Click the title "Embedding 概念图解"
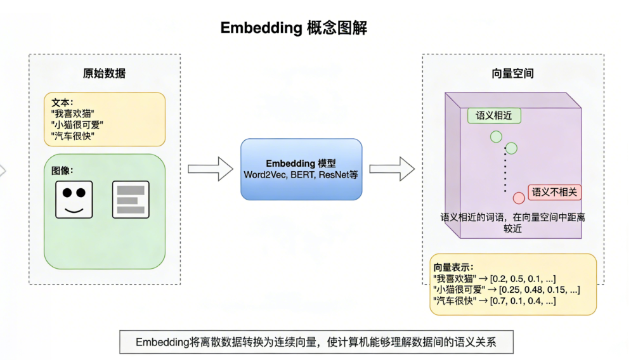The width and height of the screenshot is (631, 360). pyautogui.click(x=294, y=28)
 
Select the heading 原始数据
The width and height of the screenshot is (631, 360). pyautogui.click(x=104, y=73)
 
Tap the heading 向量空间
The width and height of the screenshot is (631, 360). pyautogui.click(x=512, y=73)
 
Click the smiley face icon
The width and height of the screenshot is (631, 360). pyautogui.click(x=74, y=199)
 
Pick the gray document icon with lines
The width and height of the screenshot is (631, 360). pyautogui.click(x=131, y=199)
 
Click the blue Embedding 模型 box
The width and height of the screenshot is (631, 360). pyautogui.click(x=301, y=169)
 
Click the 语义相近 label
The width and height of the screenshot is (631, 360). pyautogui.click(x=494, y=115)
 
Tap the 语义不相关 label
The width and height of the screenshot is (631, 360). pyautogui.click(x=554, y=192)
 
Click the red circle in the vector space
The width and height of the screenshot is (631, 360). pyautogui.click(x=519, y=198)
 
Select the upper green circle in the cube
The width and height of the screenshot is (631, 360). pyautogui.click(x=496, y=137)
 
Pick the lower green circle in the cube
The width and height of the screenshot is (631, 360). pyautogui.click(x=511, y=148)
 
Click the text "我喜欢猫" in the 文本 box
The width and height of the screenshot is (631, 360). pyautogui.click(x=73, y=113)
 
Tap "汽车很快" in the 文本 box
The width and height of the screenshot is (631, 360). pyautogui.click(x=73, y=136)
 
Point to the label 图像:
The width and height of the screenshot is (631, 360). pyautogui.click(x=63, y=171)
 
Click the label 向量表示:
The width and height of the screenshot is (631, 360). pyautogui.click(x=453, y=267)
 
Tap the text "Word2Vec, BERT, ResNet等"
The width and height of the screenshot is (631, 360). pyautogui.click(x=301, y=175)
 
